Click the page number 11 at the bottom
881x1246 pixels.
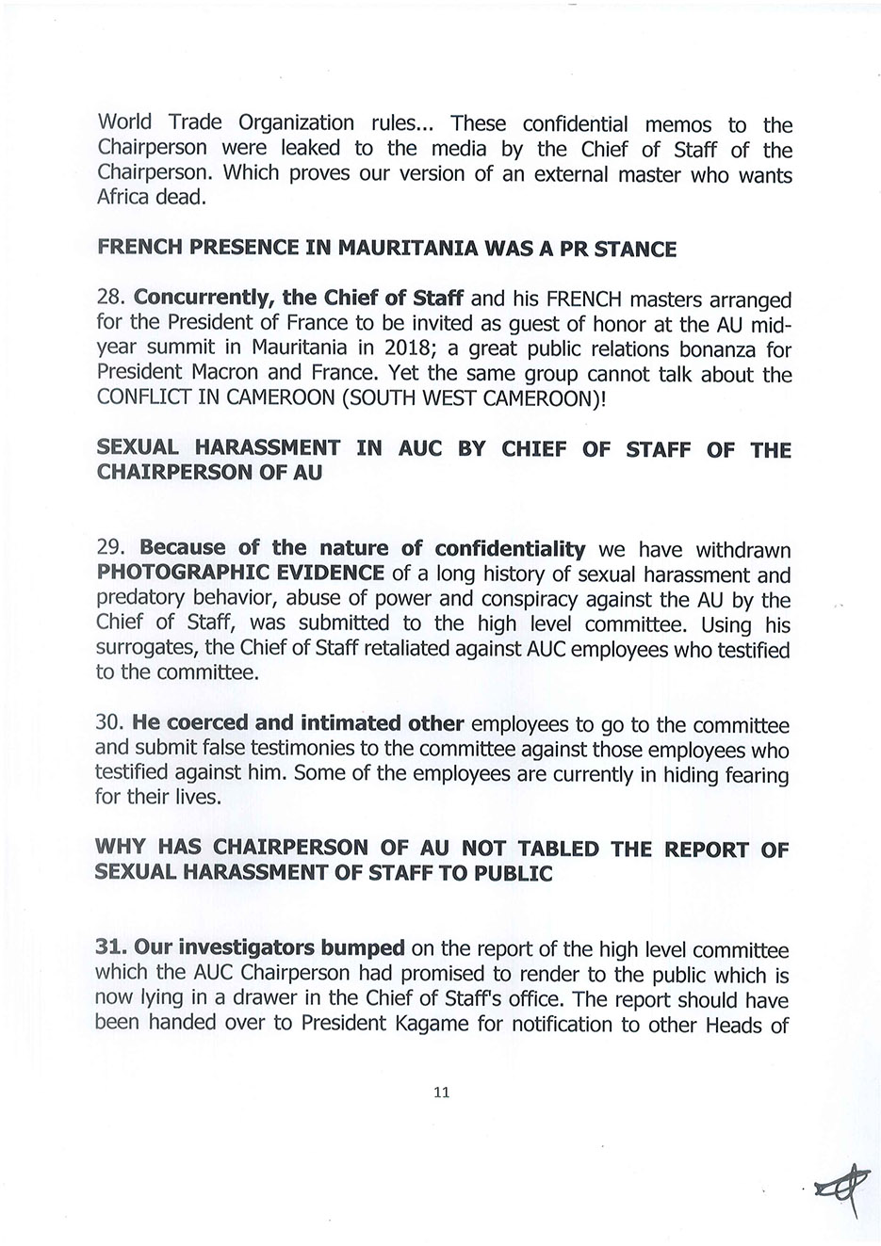pos(441,1092)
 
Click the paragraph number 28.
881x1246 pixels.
pos(111,299)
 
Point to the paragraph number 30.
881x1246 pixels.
pos(111,724)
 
